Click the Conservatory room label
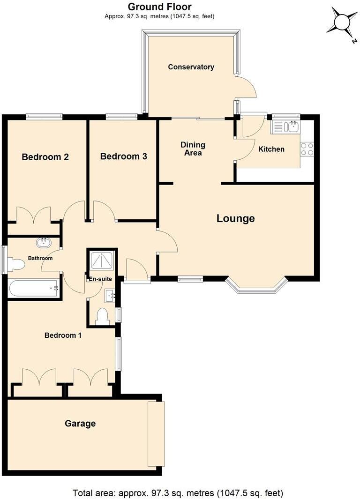191,67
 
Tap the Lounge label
235,218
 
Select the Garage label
80,424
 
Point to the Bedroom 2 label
45,157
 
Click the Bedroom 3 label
124,156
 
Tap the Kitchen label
271,149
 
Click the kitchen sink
285,127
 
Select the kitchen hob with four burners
307,149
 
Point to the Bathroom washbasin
44,243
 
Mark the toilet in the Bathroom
16,265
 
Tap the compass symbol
342,22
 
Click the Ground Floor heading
159,7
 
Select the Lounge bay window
256,287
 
